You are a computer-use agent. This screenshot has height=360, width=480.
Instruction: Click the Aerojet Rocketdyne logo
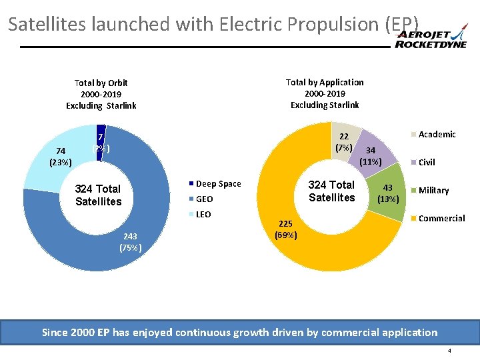[431, 39]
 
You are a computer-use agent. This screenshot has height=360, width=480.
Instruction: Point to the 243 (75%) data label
[129, 241]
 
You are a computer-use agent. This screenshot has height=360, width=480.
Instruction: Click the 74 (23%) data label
[61, 156]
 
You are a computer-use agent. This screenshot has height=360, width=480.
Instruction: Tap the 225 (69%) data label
[286, 229]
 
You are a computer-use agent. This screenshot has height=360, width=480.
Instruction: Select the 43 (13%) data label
[387, 193]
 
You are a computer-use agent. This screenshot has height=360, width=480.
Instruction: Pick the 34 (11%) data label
[370, 155]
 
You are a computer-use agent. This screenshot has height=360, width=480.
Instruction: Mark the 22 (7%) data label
[344, 141]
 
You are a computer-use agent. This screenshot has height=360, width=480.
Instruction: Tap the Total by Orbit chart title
[101, 94]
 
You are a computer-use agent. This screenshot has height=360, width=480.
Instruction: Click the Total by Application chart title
[325, 93]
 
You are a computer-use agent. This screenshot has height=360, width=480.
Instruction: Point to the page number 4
[449, 351]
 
